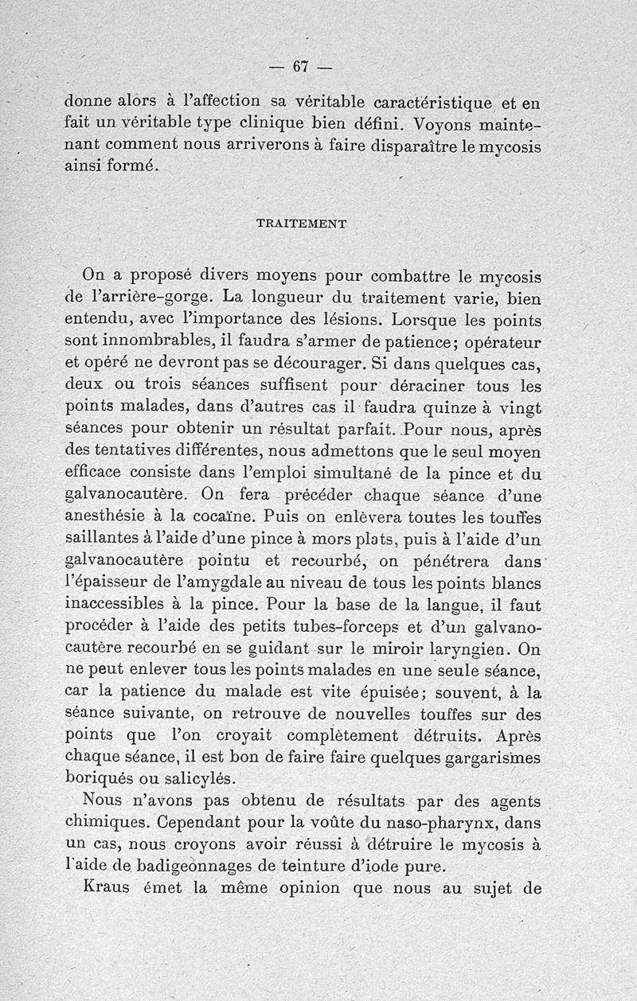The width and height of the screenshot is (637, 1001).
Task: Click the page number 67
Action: tap(299, 67)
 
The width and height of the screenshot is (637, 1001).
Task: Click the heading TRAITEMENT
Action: tap(301, 224)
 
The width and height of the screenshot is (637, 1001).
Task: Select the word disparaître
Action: tap(431, 146)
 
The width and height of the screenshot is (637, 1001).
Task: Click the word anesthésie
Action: tap(115, 513)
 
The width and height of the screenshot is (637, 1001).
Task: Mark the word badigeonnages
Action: tap(208, 862)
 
